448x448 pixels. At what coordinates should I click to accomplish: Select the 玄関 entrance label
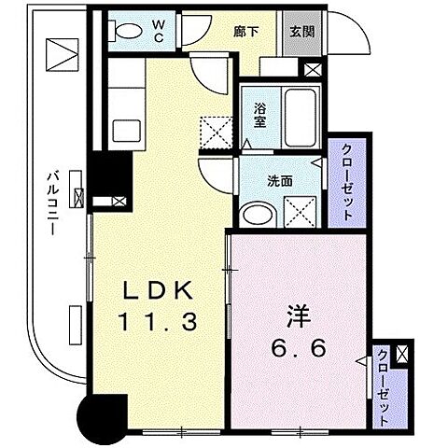pyautogui.click(x=301, y=30)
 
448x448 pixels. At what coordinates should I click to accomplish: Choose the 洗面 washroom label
pyautogui.click(x=282, y=181)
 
